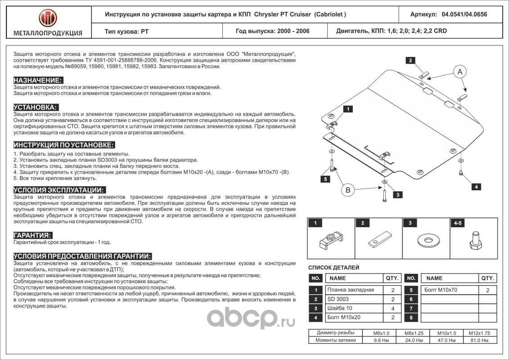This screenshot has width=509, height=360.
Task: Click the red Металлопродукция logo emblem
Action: tap(48, 18)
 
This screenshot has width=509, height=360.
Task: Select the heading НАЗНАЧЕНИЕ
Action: tap(38, 80)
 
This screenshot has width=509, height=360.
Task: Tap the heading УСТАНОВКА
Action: tap(36, 107)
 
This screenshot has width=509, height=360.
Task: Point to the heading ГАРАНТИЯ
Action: tap(32, 235)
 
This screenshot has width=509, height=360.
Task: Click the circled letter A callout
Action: tap(459, 71)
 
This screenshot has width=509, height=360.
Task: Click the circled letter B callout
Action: tap(348, 191)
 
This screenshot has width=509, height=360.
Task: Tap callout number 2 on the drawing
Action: tap(410, 60)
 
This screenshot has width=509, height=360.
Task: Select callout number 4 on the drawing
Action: tap(476, 186)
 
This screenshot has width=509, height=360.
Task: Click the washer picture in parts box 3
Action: tap(425, 240)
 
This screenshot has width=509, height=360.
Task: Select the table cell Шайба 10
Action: tap(340, 308)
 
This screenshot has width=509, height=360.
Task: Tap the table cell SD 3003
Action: tap(338, 299)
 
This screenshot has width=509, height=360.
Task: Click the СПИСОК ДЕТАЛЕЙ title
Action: tap(333, 267)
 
